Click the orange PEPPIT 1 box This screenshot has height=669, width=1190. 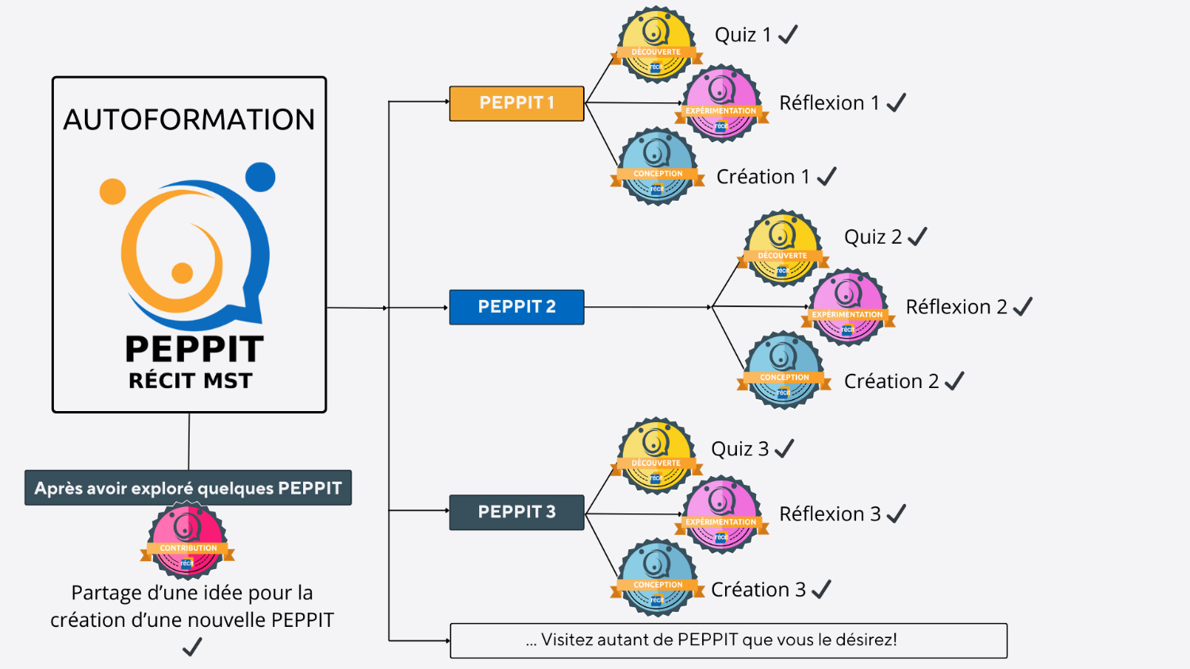click(x=516, y=103)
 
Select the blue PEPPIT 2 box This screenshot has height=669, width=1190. click(x=516, y=307)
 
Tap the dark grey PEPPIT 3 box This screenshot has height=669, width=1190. click(x=516, y=512)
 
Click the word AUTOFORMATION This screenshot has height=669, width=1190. click(x=189, y=120)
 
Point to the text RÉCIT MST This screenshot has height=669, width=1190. click(x=190, y=381)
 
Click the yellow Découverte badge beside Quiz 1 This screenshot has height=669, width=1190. click(x=655, y=45)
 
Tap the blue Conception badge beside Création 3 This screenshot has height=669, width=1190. click(x=657, y=578)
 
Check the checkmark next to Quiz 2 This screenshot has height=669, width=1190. click(x=917, y=236)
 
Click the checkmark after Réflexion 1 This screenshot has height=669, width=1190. click(x=896, y=103)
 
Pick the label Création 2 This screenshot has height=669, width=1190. click(x=891, y=382)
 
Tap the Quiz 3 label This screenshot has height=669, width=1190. click(x=739, y=449)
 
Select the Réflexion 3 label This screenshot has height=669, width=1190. click(x=830, y=514)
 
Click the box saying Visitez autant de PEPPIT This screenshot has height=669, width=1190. click(x=728, y=640)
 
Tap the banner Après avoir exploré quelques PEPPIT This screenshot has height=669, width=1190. click(x=188, y=488)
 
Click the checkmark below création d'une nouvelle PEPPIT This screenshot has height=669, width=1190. click(x=192, y=648)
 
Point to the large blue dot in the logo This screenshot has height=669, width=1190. click(x=260, y=177)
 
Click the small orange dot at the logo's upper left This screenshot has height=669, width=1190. click(x=113, y=191)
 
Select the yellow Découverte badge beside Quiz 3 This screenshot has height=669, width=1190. click(x=655, y=456)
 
